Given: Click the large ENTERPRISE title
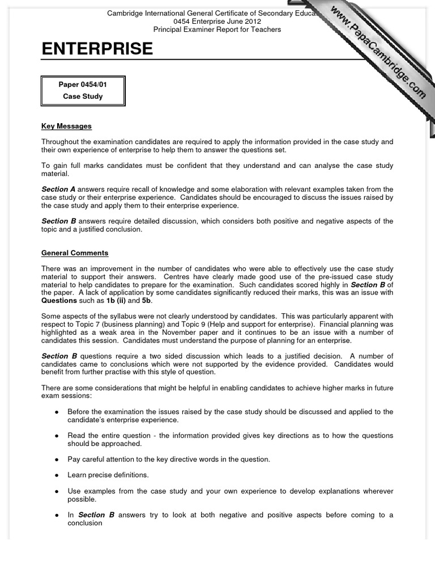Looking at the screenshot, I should point(97,49).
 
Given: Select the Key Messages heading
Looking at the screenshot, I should point(66,126).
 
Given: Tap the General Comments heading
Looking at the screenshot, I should point(75,253).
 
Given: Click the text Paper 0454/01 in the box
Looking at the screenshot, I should point(83,85).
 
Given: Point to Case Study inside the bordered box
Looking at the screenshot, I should point(83,96).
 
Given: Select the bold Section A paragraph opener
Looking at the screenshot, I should point(58,190).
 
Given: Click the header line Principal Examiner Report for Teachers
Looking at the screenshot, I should point(217,30).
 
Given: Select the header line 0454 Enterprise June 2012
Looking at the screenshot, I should point(217,22).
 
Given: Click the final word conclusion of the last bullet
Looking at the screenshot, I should point(84,523).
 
